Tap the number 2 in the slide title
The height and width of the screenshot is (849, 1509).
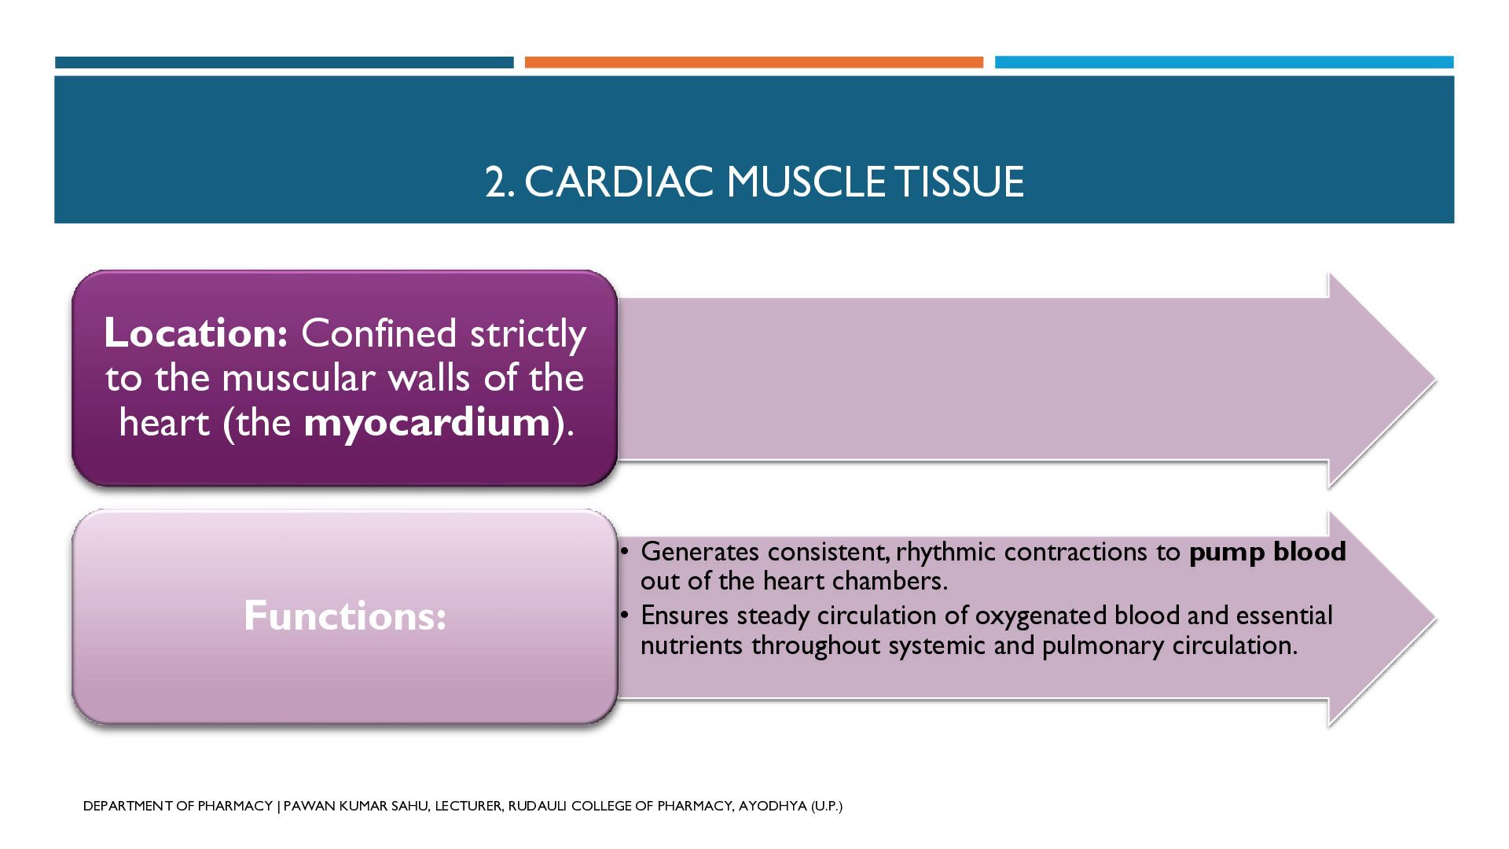pyautogui.click(x=496, y=182)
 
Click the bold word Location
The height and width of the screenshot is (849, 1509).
pyautogui.click(x=196, y=333)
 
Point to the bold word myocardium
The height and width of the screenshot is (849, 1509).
pyautogui.click(x=428, y=424)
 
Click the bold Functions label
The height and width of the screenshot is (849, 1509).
pyautogui.click(x=345, y=616)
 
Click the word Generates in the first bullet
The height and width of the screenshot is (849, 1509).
pyautogui.click(x=700, y=552)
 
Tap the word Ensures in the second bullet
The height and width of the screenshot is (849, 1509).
pyautogui.click(x=685, y=615)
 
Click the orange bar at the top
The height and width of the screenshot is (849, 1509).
pyautogui.click(x=754, y=62)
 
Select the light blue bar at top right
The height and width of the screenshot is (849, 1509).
pyautogui.click(x=1224, y=62)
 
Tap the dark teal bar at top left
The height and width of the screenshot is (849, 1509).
pyautogui.click(x=284, y=62)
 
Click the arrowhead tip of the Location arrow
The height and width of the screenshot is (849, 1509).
pyautogui.click(x=1436, y=381)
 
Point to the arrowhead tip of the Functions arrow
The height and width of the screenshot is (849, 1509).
pyautogui.click(x=1436, y=619)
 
